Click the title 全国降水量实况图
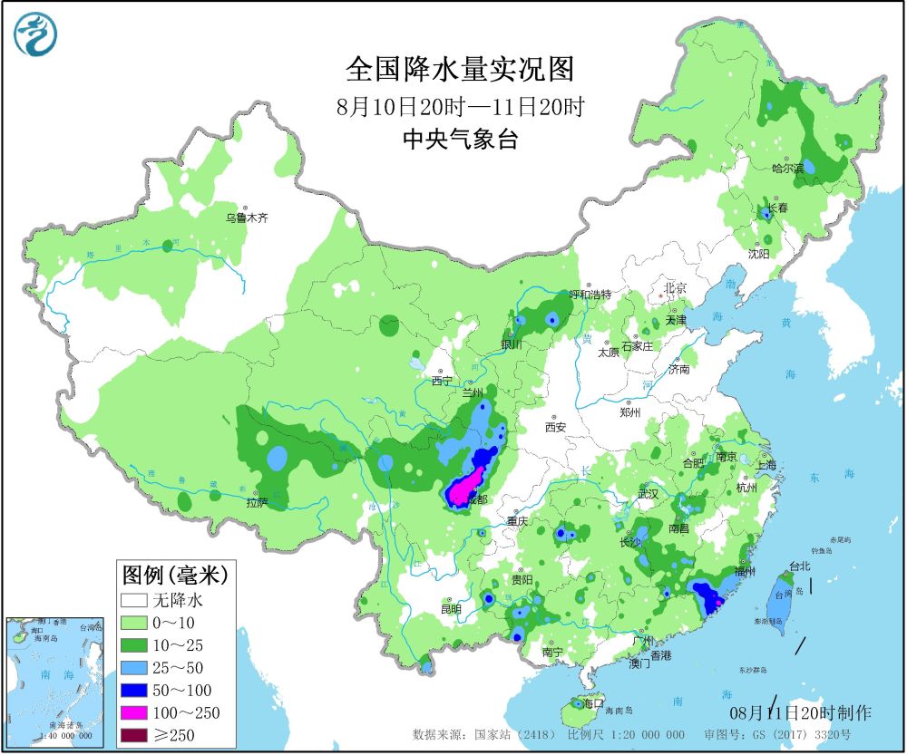(460, 69)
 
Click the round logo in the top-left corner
(35, 34)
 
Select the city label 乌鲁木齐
(248, 218)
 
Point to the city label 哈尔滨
(787, 168)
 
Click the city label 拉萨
(258, 503)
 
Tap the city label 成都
(475, 500)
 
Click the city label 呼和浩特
(590, 295)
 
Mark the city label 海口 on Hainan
(593, 703)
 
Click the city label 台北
(800, 566)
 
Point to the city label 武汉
(648, 494)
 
